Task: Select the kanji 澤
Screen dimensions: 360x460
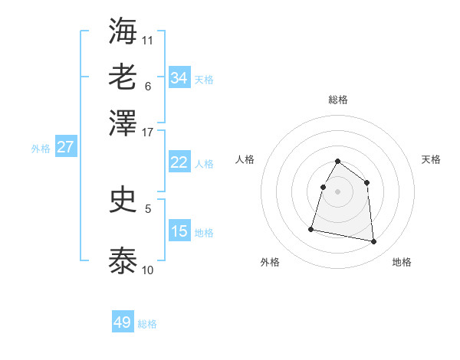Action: coord(123,123)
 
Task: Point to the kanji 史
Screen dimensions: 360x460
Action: coord(123,200)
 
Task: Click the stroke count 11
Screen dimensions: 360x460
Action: coord(148,39)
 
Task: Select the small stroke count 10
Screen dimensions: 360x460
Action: coord(148,270)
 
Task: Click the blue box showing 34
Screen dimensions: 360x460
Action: coord(179,77)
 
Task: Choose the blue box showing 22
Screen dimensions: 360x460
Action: coord(179,162)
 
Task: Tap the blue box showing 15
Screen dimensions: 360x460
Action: coord(179,231)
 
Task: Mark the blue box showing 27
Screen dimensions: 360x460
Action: coord(65,147)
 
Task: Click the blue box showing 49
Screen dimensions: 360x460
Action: coord(123,322)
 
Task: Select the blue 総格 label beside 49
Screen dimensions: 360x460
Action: coord(147,324)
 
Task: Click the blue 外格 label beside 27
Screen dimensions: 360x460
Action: coord(41,149)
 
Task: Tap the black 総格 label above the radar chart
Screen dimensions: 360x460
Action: coord(338,100)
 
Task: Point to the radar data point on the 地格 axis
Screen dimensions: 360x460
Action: coord(374,242)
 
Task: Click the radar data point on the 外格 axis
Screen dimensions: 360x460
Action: coord(311,228)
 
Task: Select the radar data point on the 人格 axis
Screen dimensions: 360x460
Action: coord(323,187)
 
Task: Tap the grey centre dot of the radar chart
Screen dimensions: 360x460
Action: coord(338,191)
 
